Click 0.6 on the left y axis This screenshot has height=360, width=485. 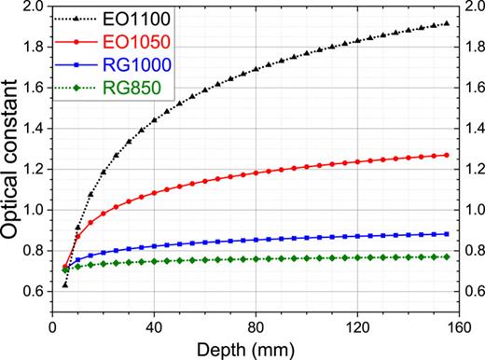pyautogui.click(x=33, y=292)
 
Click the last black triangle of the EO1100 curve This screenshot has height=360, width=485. pyautogui.click(x=447, y=23)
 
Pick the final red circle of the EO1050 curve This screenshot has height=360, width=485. pyautogui.click(x=447, y=155)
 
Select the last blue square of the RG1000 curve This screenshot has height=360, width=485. pyautogui.click(x=447, y=234)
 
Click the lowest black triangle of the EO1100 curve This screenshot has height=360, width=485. pyautogui.click(x=64, y=284)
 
